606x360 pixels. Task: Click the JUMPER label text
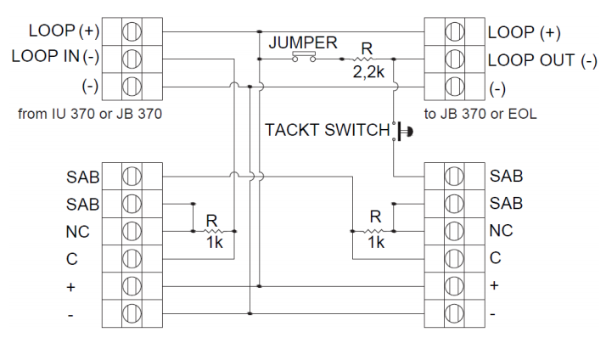(x=303, y=42)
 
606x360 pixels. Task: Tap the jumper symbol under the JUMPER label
(x=304, y=57)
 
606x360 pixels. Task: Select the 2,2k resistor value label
(x=368, y=72)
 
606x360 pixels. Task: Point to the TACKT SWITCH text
(x=328, y=130)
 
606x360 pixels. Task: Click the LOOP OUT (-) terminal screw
(x=455, y=59)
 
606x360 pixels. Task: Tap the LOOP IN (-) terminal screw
(x=132, y=59)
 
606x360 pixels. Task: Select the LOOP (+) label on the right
(x=524, y=32)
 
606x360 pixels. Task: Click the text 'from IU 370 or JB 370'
(x=90, y=114)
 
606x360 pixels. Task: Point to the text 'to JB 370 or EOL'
(x=480, y=114)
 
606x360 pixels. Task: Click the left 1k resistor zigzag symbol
(x=213, y=231)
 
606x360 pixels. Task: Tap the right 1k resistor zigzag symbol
(x=373, y=231)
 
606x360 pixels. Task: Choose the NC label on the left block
(x=78, y=232)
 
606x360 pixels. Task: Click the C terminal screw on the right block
(x=454, y=258)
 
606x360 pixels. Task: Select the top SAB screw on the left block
(x=132, y=177)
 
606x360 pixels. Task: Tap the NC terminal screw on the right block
(x=454, y=231)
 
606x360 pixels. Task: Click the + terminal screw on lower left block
(x=132, y=286)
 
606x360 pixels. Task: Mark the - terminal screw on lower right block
(x=454, y=313)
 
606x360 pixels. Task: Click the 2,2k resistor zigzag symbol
(x=363, y=59)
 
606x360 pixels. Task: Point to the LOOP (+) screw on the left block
(x=132, y=31)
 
